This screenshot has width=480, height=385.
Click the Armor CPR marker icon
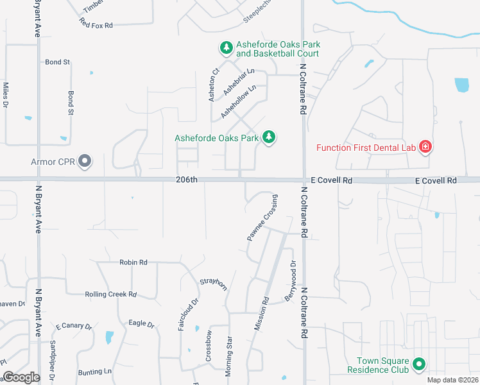point(85,162)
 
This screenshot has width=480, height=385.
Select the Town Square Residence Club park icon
point(419,365)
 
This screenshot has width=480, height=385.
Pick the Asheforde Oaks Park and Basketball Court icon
point(226,48)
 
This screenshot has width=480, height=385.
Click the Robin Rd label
point(133,262)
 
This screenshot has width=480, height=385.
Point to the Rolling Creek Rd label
point(111,295)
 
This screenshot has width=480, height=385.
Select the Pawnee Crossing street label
point(262,218)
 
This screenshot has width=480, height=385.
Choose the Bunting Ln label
point(95,372)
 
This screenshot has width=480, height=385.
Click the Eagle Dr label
point(142,324)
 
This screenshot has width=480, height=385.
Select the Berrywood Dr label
point(291,280)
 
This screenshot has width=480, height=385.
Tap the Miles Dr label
point(6,94)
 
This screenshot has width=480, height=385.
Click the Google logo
point(21,377)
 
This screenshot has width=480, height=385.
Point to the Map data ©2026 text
point(451,380)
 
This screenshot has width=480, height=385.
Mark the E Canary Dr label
point(74,326)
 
